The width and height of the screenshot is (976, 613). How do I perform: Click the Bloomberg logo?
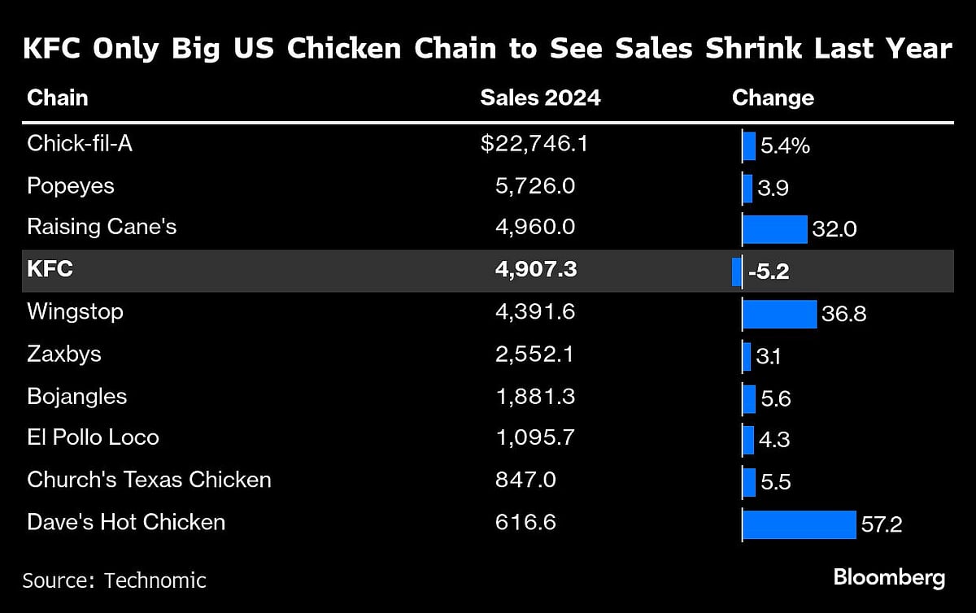889,578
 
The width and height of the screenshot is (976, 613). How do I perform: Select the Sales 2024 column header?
540,98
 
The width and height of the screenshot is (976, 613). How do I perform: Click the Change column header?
773,98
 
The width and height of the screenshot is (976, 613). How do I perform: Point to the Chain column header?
57,98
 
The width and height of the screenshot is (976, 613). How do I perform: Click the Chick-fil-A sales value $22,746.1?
534,144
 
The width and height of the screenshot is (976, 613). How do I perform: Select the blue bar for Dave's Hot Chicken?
800,524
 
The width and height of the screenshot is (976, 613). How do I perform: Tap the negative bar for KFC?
737,271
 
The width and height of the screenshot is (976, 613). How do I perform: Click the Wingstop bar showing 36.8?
780,314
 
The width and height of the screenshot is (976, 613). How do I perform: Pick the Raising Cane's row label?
102,227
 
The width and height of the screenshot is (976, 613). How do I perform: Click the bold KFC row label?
50,269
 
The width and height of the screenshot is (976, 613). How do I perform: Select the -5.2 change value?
769,272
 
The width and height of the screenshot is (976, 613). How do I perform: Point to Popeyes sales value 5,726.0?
534,186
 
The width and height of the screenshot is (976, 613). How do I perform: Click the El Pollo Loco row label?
93,437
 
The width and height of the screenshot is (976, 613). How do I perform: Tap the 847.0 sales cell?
525,480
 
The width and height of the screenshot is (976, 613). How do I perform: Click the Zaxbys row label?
63,354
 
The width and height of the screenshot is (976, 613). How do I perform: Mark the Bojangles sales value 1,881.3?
534,396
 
